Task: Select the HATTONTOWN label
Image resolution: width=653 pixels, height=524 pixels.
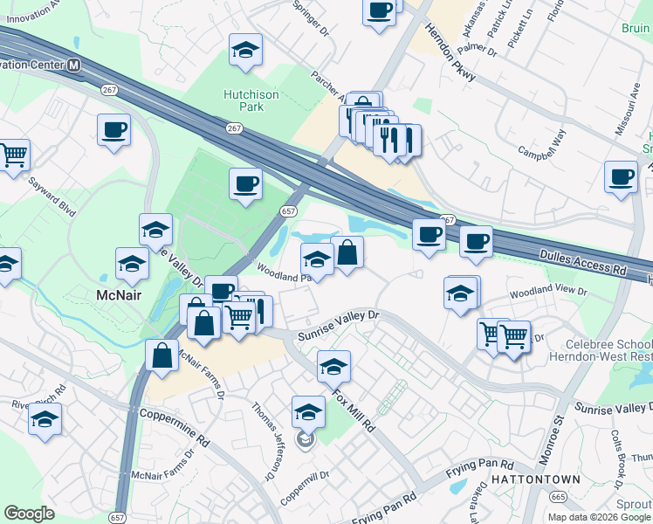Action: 530,479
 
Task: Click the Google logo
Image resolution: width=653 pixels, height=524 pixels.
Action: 30,514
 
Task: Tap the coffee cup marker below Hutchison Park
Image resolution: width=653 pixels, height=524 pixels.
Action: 245,184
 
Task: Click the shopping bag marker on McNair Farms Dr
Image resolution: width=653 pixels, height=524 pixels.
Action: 162,355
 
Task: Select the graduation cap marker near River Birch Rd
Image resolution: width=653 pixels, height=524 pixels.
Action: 45,419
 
